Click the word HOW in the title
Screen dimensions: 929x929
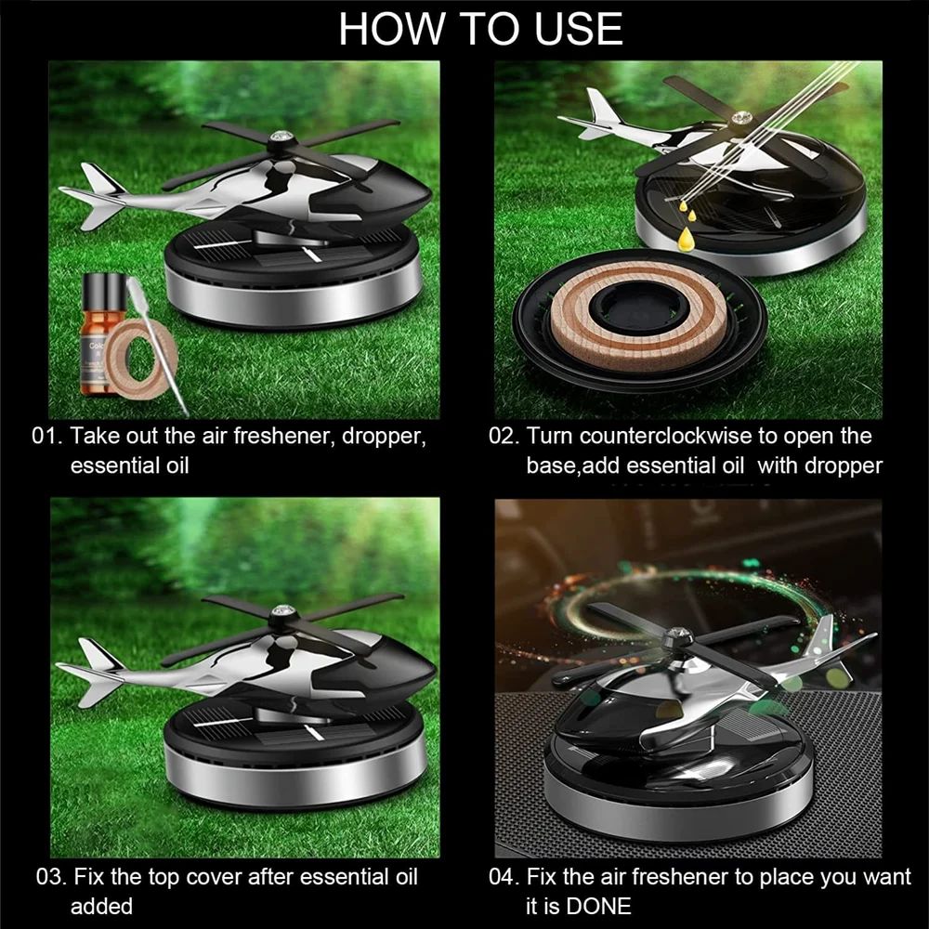coord(392,29)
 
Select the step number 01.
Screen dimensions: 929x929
coord(46,436)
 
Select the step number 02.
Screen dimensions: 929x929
coord(504,436)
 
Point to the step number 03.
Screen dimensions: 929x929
coord(51,877)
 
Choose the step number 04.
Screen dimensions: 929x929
coord(504,877)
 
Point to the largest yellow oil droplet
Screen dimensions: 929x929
coord(687,238)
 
